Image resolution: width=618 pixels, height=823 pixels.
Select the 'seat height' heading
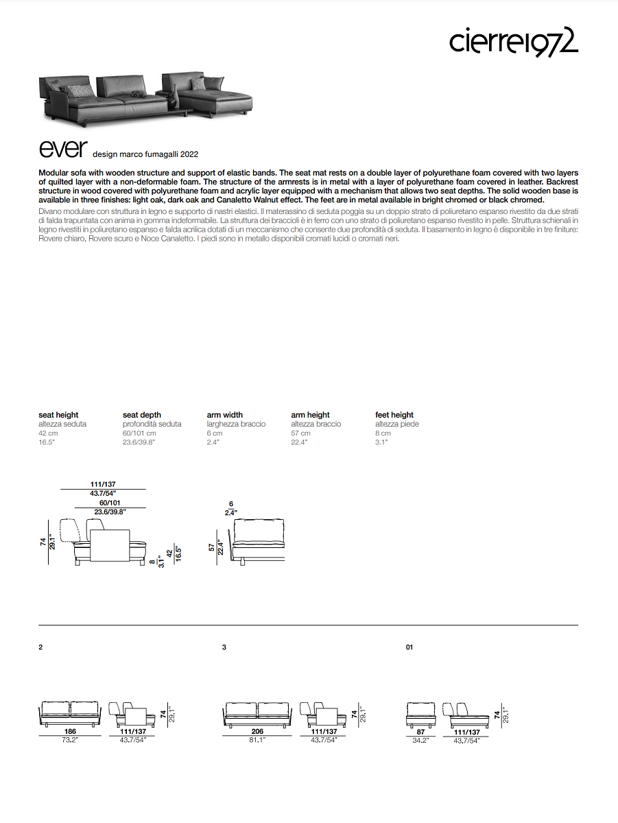point(58,415)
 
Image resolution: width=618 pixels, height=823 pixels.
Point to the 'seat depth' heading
point(142,415)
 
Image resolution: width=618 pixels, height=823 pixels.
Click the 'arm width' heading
point(224,415)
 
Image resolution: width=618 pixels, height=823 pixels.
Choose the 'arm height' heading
point(310,415)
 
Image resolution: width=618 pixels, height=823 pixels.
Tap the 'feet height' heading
point(394,415)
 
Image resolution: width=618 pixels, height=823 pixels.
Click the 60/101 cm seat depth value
point(139,433)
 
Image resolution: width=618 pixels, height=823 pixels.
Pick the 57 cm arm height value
point(300,433)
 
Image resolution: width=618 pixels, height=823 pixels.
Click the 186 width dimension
point(70,732)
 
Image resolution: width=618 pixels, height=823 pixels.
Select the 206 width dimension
point(258,732)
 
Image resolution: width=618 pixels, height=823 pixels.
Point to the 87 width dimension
point(420,732)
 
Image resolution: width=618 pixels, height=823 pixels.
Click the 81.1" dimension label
point(258,740)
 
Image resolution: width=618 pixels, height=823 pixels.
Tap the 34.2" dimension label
point(420,740)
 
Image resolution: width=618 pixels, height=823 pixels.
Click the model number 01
point(409,647)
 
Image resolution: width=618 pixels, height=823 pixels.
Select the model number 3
point(224,647)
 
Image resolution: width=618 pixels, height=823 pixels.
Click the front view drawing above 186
point(70,713)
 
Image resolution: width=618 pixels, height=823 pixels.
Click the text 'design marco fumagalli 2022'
point(145,155)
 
